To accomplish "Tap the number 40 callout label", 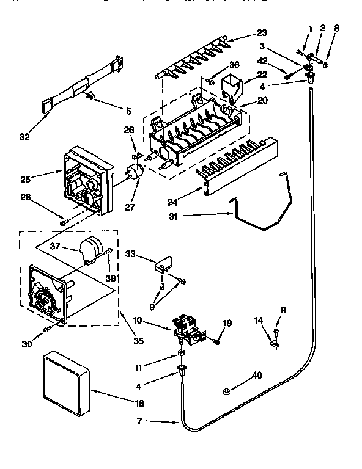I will point(257,376).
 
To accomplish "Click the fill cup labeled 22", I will point(226,85).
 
